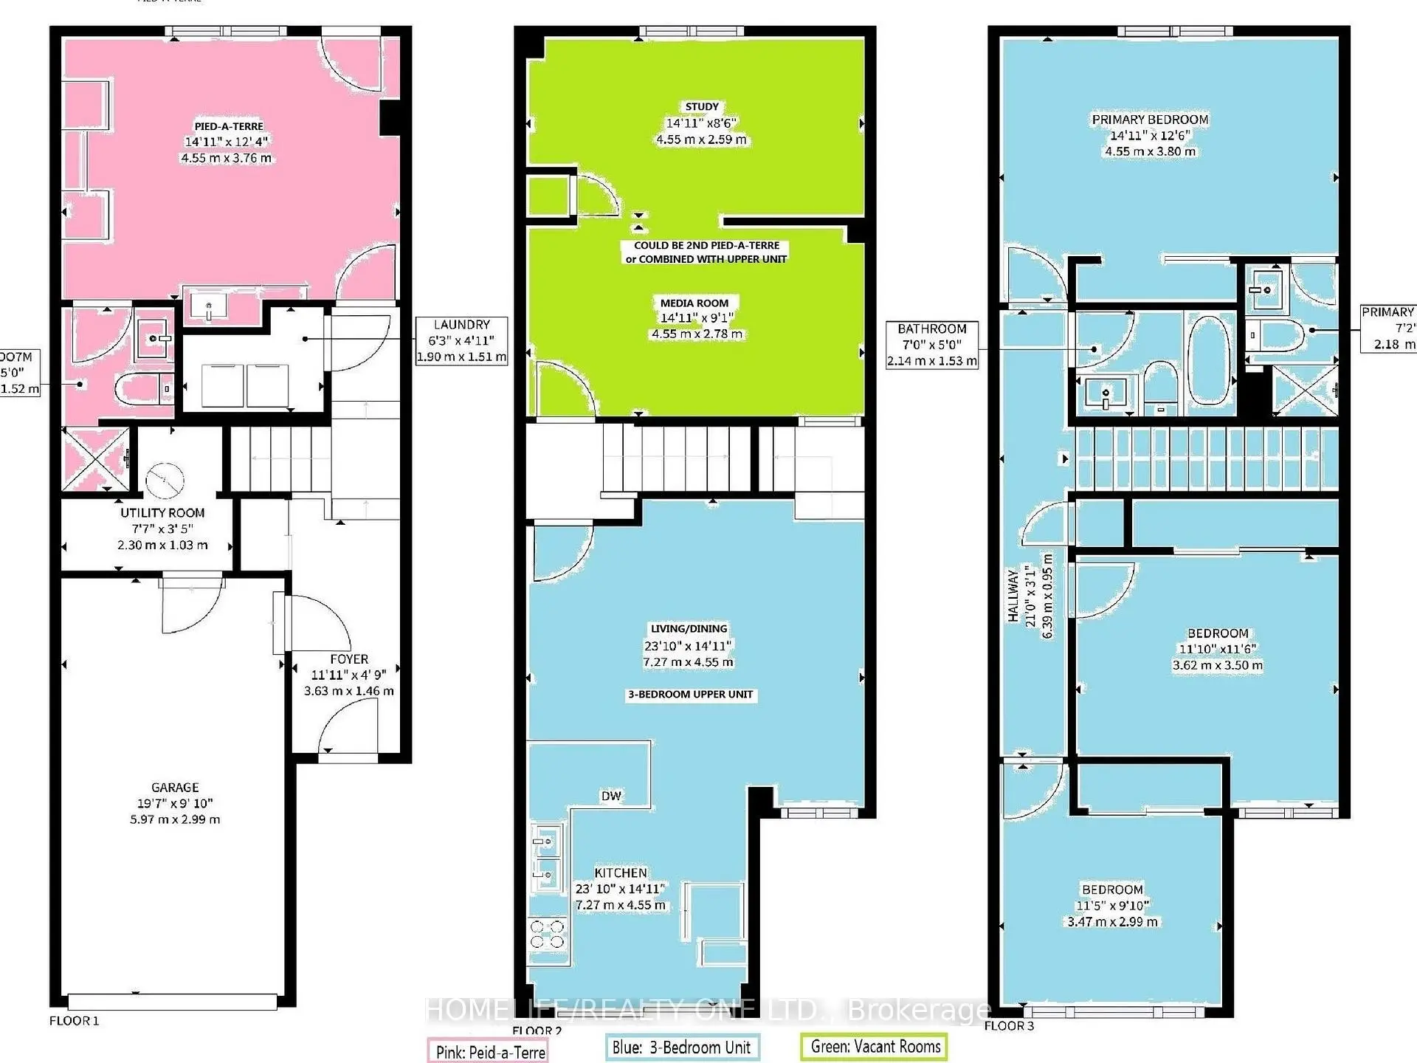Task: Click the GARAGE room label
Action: pos(175,788)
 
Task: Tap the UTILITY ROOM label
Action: pos(162,513)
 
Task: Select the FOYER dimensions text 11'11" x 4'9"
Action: pos(348,675)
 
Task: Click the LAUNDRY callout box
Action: pos(461,341)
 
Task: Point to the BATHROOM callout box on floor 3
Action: pos(931,345)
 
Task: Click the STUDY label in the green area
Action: pos(701,107)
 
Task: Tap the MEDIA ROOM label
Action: pos(694,303)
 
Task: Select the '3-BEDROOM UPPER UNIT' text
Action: pos(690,695)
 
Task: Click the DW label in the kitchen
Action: pos(611,796)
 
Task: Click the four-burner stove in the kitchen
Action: pos(547,934)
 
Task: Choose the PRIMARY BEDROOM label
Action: pos(1150,120)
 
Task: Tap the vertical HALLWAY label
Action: pos(1013,595)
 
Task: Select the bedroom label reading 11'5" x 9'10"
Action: pos(1112,906)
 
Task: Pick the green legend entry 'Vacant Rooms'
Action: pos(875,1047)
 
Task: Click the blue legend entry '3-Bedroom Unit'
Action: pos(681,1047)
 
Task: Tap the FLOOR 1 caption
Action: pos(74,1021)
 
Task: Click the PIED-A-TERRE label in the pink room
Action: pos(228,126)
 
